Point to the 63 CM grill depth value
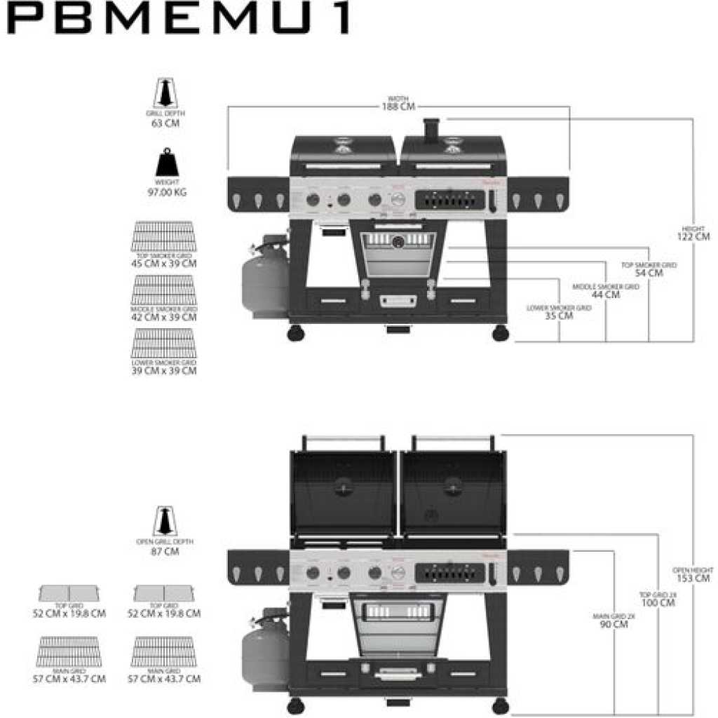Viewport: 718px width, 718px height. [x=165, y=123]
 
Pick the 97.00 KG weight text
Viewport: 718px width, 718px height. [x=165, y=192]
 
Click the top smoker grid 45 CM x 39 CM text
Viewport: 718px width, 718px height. [x=164, y=264]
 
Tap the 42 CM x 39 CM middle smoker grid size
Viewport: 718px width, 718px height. [x=164, y=317]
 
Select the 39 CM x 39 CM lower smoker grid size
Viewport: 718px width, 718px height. [x=164, y=370]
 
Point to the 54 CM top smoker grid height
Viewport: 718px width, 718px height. [x=649, y=273]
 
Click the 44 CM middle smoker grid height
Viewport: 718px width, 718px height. [x=605, y=294]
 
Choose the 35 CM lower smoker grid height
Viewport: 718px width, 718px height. [x=559, y=316]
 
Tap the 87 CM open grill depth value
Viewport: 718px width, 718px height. [x=165, y=552]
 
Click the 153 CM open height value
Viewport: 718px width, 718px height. [x=693, y=578]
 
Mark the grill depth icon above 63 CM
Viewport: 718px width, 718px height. [x=165, y=93]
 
